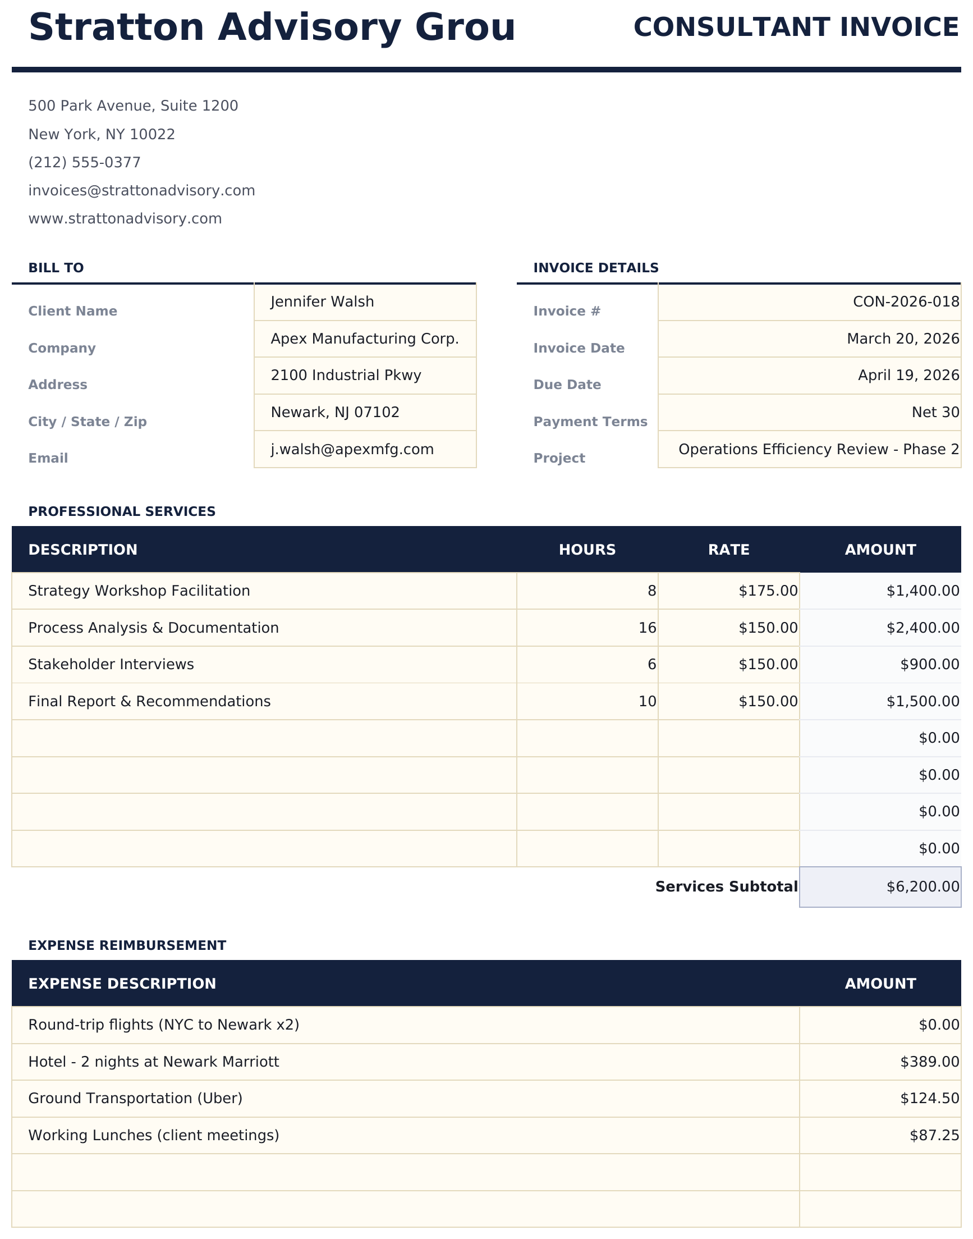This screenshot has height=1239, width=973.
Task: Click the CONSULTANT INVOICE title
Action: tap(796, 28)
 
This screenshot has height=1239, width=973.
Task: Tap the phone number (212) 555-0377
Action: tap(84, 162)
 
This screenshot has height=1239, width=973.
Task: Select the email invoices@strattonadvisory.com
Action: tap(141, 190)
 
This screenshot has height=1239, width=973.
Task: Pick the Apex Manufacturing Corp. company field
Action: tap(365, 339)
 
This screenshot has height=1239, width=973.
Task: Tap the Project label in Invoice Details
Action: tap(559, 458)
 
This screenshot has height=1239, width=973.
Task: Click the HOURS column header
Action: tap(587, 550)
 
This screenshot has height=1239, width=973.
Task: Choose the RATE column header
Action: tap(728, 550)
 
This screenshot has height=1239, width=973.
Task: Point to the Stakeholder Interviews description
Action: tap(111, 664)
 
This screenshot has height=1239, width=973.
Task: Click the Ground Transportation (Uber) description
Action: tap(135, 1098)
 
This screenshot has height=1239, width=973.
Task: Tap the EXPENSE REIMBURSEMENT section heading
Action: tap(127, 945)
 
